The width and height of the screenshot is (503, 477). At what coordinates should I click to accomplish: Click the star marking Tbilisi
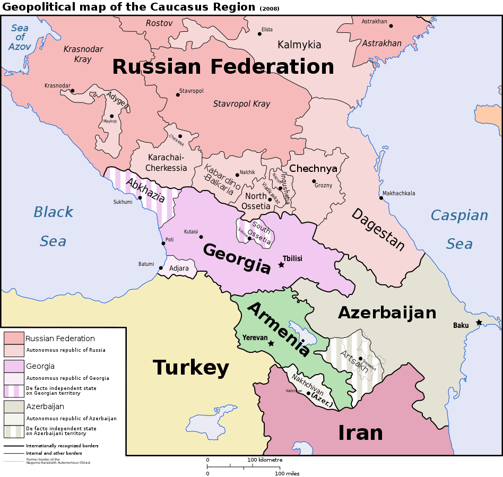[281, 264]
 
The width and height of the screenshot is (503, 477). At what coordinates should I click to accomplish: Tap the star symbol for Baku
[479, 322]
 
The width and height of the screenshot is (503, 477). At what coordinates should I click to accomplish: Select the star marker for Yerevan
[271, 343]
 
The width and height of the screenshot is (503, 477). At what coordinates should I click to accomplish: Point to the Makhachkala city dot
[380, 198]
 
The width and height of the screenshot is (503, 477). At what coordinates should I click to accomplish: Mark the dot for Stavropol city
[178, 95]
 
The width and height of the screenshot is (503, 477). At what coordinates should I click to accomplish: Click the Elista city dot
[259, 33]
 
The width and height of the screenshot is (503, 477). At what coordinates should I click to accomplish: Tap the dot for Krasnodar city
[72, 91]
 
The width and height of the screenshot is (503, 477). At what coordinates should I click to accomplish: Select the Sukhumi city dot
[140, 198]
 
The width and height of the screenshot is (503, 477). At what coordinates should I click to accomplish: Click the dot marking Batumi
[161, 268]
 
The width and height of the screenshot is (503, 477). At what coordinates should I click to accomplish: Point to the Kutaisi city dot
[201, 237]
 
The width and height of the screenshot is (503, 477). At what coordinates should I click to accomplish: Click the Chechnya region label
[313, 169]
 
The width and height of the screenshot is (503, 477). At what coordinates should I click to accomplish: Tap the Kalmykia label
[299, 45]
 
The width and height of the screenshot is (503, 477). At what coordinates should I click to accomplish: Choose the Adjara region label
[179, 268]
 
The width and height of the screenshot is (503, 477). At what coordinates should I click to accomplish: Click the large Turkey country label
[191, 367]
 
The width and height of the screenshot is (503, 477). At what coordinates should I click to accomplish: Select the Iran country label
[360, 433]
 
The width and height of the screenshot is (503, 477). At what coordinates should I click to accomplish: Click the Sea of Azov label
[20, 37]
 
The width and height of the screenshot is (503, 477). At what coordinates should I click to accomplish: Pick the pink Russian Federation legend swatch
[14, 338]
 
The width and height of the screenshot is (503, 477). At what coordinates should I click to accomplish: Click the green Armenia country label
[278, 329]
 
